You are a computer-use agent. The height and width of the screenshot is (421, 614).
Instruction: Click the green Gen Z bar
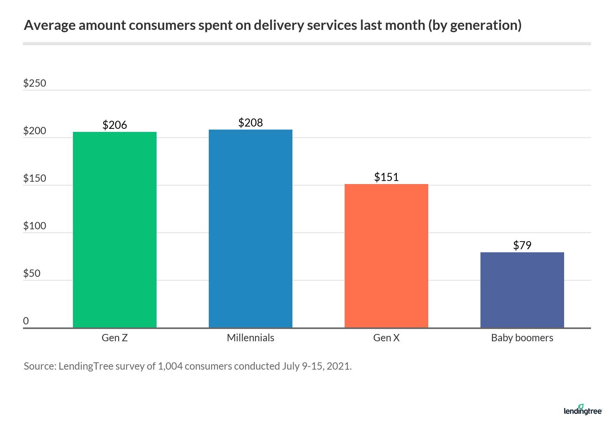(115, 230)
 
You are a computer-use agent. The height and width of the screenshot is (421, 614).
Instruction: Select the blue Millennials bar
(250, 229)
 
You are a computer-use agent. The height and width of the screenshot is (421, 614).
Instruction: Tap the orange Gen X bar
(386, 256)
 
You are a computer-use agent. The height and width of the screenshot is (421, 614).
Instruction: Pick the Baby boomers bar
(522, 290)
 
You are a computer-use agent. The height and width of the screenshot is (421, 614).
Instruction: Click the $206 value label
(115, 125)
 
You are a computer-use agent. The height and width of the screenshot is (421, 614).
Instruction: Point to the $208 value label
(250, 123)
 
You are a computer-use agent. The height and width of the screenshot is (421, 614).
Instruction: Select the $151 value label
(386, 177)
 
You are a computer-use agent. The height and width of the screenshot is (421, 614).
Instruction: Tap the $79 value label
(522, 245)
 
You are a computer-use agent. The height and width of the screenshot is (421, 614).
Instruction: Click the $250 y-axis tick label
(35, 83)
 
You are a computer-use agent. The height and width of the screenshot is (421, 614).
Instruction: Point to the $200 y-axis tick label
(35, 131)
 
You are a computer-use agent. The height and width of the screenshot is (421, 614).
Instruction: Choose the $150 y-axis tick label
(35, 178)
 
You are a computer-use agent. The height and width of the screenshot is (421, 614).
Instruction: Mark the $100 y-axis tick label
(35, 226)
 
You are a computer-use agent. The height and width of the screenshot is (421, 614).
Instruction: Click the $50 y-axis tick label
(32, 273)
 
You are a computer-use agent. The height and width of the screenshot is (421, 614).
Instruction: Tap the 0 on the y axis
(26, 321)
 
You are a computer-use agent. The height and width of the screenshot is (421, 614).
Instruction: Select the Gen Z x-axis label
(115, 338)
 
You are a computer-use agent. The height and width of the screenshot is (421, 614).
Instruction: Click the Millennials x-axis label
(250, 338)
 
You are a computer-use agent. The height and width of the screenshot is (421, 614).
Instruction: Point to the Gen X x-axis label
(386, 338)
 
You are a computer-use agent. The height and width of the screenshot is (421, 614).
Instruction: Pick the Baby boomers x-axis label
(522, 338)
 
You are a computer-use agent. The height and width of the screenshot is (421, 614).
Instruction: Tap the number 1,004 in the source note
(170, 366)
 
